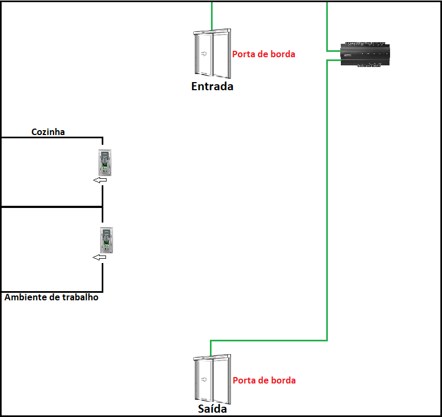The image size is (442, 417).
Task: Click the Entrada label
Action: [x=212, y=86]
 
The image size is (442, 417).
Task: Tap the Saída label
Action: [x=212, y=409]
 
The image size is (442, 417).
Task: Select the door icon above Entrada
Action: [x=212, y=55]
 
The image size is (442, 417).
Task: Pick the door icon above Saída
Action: [x=212, y=378]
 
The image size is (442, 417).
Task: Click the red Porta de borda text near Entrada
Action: [x=263, y=54]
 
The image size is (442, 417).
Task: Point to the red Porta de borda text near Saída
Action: [x=264, y=380]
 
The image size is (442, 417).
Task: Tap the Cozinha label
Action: [x=48, y=131]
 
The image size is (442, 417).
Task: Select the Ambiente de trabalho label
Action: [x=51, y=297]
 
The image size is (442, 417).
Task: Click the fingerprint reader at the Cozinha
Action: [x=105, y=163]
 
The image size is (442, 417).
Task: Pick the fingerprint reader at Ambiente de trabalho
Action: [x=107, y=240]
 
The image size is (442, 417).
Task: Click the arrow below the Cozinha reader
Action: [x=100, y=180]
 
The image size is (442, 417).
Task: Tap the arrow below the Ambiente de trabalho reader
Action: [x=100, y=258]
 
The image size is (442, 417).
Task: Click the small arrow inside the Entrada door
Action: [x=204, y=53]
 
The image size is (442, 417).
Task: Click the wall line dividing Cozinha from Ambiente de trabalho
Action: [x=51, y=207]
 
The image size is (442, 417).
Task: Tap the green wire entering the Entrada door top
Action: [x=212, y=16]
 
